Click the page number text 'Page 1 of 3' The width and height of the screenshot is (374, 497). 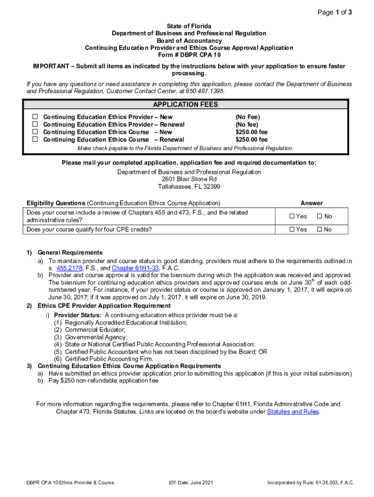pyautogui.click(x=334, y=13)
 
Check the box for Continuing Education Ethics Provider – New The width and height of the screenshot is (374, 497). pyautogui.click(x=35, y=117)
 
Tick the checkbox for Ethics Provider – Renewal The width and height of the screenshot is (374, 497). pyautogui.click(x=35, y=124)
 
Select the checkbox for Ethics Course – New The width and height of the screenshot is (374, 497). pyautogui.click(x=35, y=132)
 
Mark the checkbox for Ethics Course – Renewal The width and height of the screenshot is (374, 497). pyautogui.click(x=35, y=139)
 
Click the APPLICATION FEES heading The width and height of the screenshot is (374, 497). pyautogui.click(x=186, y=105)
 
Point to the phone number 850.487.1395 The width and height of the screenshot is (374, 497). pyautogui.click(x=207, y=91)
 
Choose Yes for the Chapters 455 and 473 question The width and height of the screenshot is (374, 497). pyautogui.click(x=292, y=216)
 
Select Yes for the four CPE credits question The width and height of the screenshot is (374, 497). pyautogui.click(x=292, y=230)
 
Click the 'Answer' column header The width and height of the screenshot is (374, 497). pyautogui.click(x=311, y=203)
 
